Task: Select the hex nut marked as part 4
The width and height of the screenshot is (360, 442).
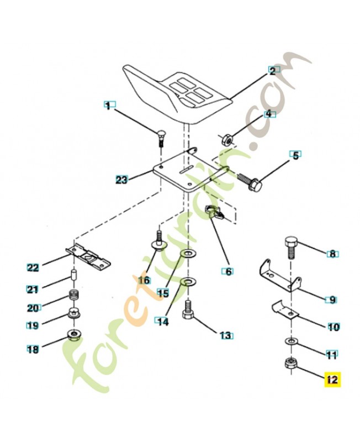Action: (226, 138)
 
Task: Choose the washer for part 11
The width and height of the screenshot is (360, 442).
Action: (289, 342)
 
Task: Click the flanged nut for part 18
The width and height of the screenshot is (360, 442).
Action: (72, 335)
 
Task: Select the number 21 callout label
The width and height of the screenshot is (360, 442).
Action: (33, 288)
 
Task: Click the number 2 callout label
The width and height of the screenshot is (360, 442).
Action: (271, 70)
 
